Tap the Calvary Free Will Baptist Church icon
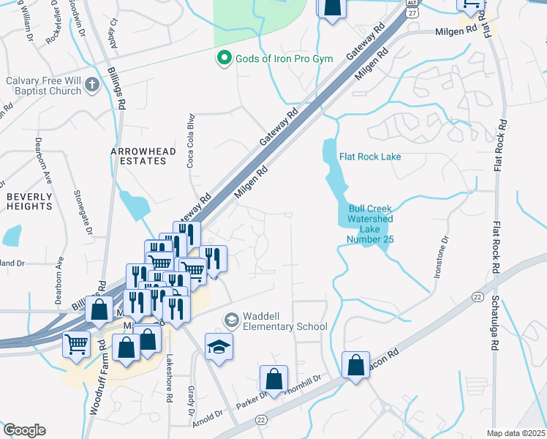[x=91, y=84]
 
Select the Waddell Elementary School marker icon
[x=231, y=320]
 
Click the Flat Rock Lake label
[x=370, y=156]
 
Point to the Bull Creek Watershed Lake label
[x=370, y=219]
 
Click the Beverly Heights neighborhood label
[x=30, y=201]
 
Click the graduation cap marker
[x=219, y=347]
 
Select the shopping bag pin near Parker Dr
[x=273, y=379]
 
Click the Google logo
[x=24, y=430]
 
